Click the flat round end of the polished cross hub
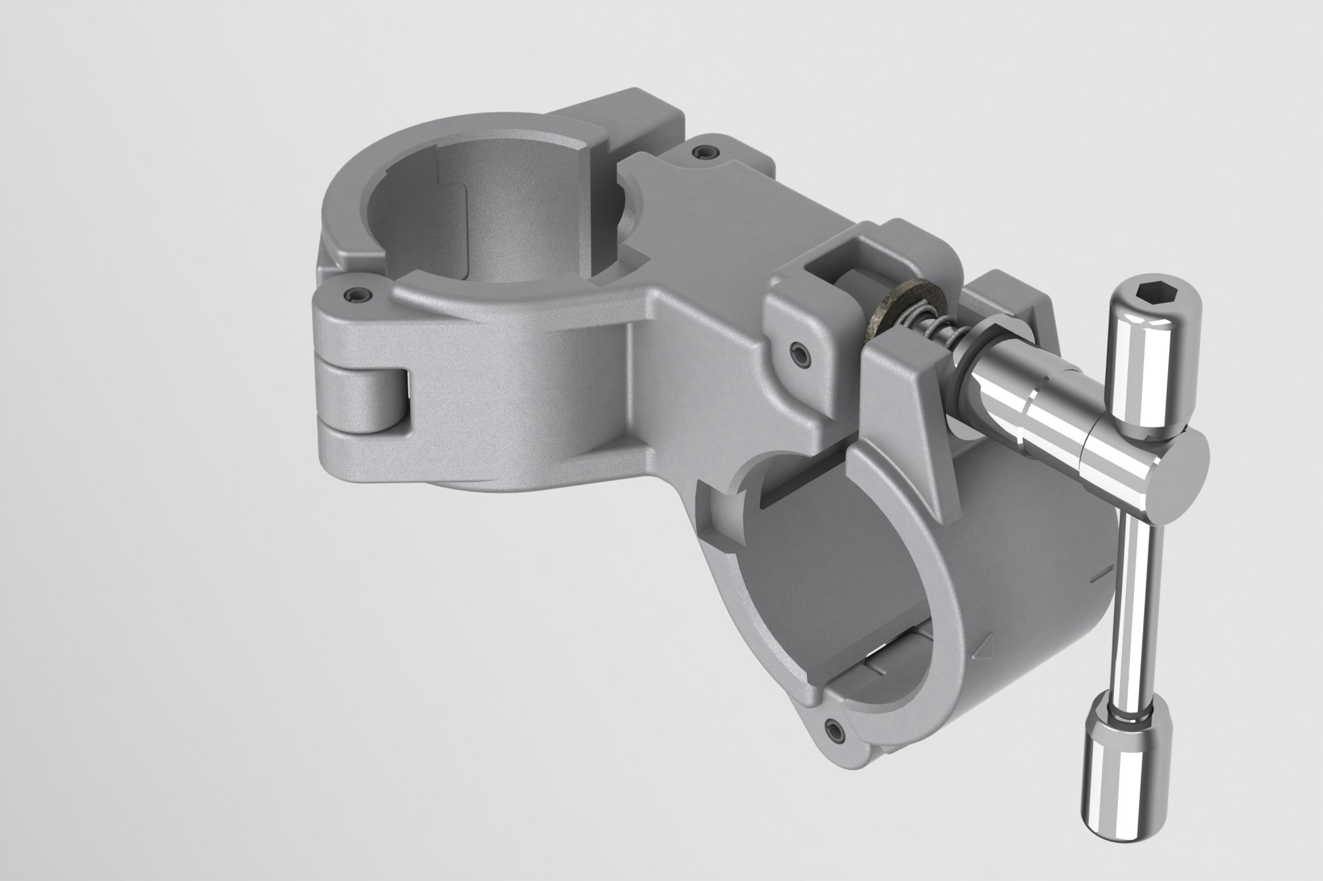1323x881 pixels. [1184, 472]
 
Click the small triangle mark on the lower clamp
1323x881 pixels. [984, 659]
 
